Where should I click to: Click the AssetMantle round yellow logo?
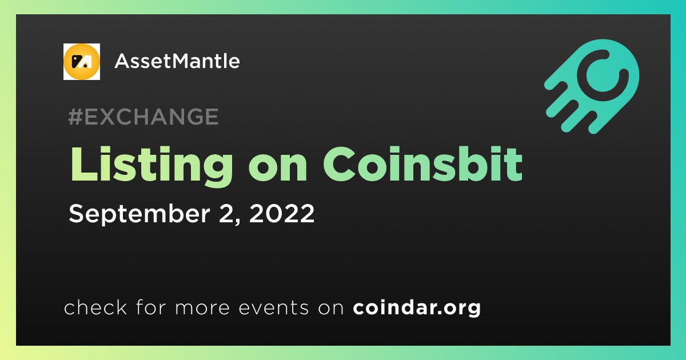tap(81, 62)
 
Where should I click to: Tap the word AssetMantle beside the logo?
tap(177, 61)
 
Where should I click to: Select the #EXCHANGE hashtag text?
tap(143, 117)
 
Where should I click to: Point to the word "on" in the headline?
tap(277, 169)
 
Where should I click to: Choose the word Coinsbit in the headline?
tap(423, 165)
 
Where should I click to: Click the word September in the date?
tap(139, 214)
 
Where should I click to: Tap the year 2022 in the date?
tap(282, 213)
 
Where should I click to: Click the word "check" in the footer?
tap(95, 307)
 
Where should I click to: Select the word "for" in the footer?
tap(151, 307)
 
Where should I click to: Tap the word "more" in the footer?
tap(202, 309)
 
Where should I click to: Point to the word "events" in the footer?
tap(273, 308)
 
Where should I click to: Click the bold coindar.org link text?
tap(417, 308)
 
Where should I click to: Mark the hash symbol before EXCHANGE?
tap(75, 117)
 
